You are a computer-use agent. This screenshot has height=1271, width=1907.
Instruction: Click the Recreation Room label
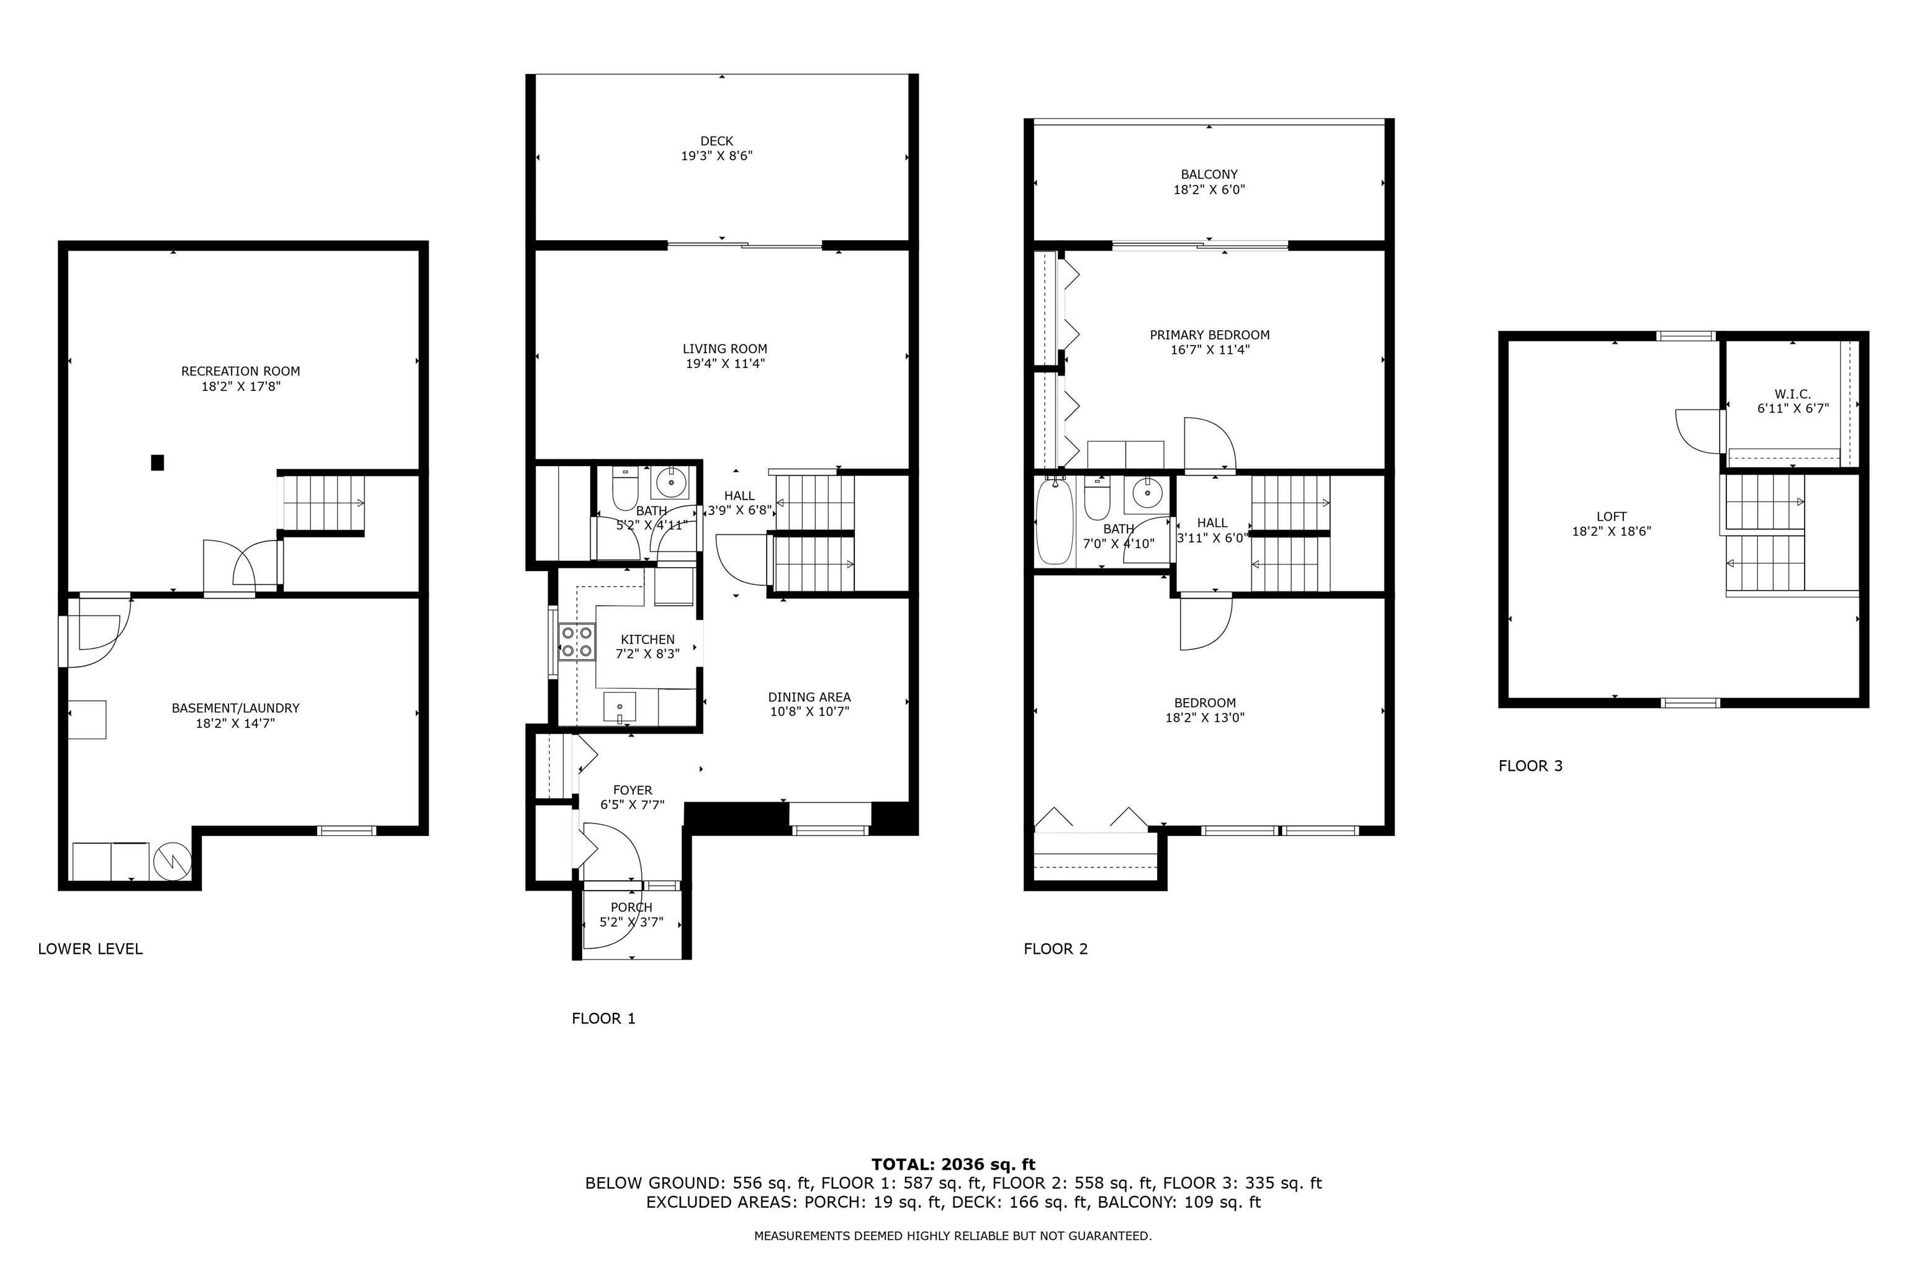pyautogui.click(x=240, y=371)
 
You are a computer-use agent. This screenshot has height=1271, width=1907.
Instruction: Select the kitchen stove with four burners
pyautogui.click(x=577, y=641)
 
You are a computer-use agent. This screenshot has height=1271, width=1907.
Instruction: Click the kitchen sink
pyautogui.click(x=620, y=707)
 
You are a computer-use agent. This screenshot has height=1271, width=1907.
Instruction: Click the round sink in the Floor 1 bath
pyautogui.click(x=670, y=483)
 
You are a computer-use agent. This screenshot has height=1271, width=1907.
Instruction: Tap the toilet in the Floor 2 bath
pyautogui.click(x=1097, y=498)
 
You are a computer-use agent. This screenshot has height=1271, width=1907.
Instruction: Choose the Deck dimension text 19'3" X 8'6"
pyautogui.click(x=717, y=156)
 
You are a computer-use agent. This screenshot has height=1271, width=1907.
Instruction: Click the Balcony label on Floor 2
pyautogui.click(x=1209, y=174)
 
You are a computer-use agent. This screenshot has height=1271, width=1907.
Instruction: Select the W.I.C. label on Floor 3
pyautogui.click(x=1793, y=394)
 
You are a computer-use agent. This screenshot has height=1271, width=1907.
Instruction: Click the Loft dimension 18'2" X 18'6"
pyautogui.click(x=1611, y=532)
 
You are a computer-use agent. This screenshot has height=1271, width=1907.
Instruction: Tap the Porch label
pyautogui.click(x=631, y=907)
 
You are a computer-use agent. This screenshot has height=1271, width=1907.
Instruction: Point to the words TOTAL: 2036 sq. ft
pyautogui.click(x=953, y=1165)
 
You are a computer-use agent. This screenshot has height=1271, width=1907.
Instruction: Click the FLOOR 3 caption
pyautogui.click(x=1530, y=766)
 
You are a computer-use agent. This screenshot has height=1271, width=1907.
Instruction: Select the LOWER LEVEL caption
pyautogui.click(x=90, y=949)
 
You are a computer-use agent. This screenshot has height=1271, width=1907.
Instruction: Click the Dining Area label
pyautogui.click(x=809, y=697)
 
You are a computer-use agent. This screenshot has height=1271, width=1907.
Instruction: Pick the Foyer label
pyautogui.click(x=633, y=790)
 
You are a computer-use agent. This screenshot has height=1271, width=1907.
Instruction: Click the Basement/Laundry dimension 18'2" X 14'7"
pyautogui.click(x=235, y=723)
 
